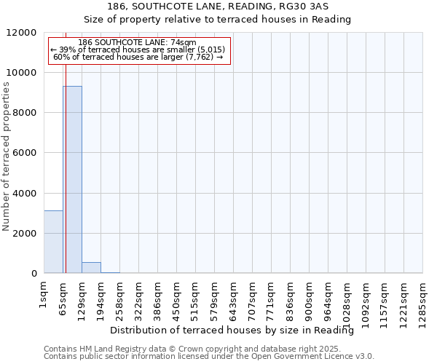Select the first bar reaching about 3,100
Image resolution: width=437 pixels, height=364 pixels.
pos(53,242)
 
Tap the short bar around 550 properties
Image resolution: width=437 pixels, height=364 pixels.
pos(91,267)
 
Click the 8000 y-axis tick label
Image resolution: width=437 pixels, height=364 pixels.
pos(26,113)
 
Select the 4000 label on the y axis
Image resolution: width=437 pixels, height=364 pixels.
pos(26,194)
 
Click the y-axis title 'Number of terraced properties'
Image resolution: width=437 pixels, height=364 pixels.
pos(7,157)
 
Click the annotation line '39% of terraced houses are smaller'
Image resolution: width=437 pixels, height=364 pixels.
pos(138,50)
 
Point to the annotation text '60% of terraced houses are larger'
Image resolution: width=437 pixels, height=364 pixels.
pos(138,57)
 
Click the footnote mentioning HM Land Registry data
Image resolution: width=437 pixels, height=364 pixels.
pos(208,349)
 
